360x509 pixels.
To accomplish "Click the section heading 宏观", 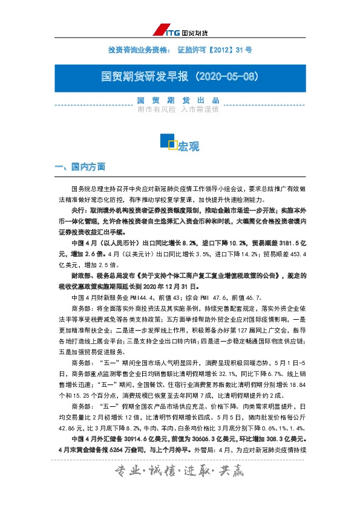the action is click(189, 147).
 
